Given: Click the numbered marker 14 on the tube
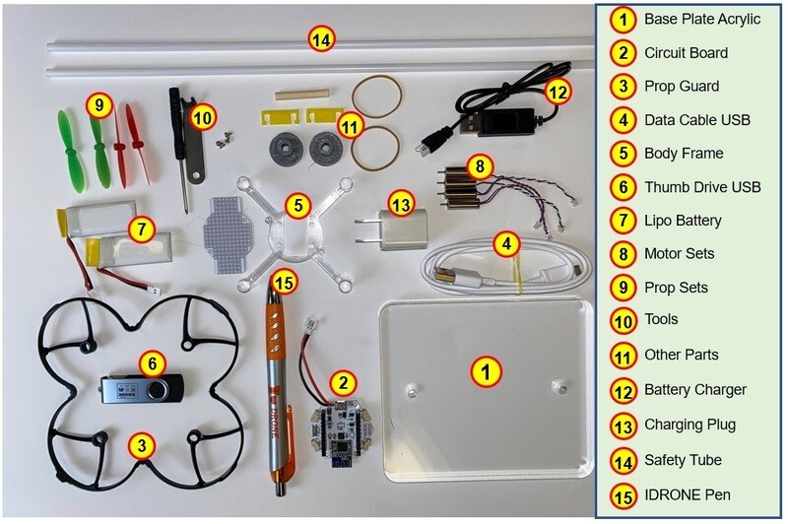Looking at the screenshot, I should click(x=321, y=39).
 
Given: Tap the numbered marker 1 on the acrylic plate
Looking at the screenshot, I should click(x=486, y=371).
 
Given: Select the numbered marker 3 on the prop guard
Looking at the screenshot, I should click(x=143, y=445).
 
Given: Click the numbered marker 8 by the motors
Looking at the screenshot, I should click(x=480, y=166).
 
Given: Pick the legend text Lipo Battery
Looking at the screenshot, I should click(x=683, y=221).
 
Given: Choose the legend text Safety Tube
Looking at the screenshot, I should click(x=683, y=460).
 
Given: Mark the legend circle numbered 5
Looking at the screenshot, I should click(x=622, y=154).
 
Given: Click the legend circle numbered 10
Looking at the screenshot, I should click(x=622, y=320).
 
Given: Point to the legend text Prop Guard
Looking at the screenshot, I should click(x=682, y=86).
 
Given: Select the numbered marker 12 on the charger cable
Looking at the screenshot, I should click(x=558, y=92).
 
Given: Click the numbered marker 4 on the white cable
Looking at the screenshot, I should click(x=507, y=242).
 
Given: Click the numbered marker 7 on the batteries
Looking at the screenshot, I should click(x=142, y=229).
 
